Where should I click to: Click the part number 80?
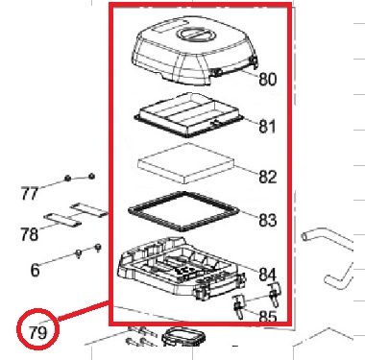tap(267, 79)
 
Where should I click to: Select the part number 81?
tap(267, 127)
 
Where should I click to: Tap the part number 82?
tap(268, 177)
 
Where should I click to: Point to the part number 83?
tap(268, 220)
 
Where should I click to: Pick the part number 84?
tap(267, 275)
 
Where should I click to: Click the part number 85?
tap(268, 316)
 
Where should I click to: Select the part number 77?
tap(30, 194)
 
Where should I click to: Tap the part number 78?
tap(29, 234)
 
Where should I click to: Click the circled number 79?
tap(37, 333)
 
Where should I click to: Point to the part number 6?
tap(35, 270)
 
